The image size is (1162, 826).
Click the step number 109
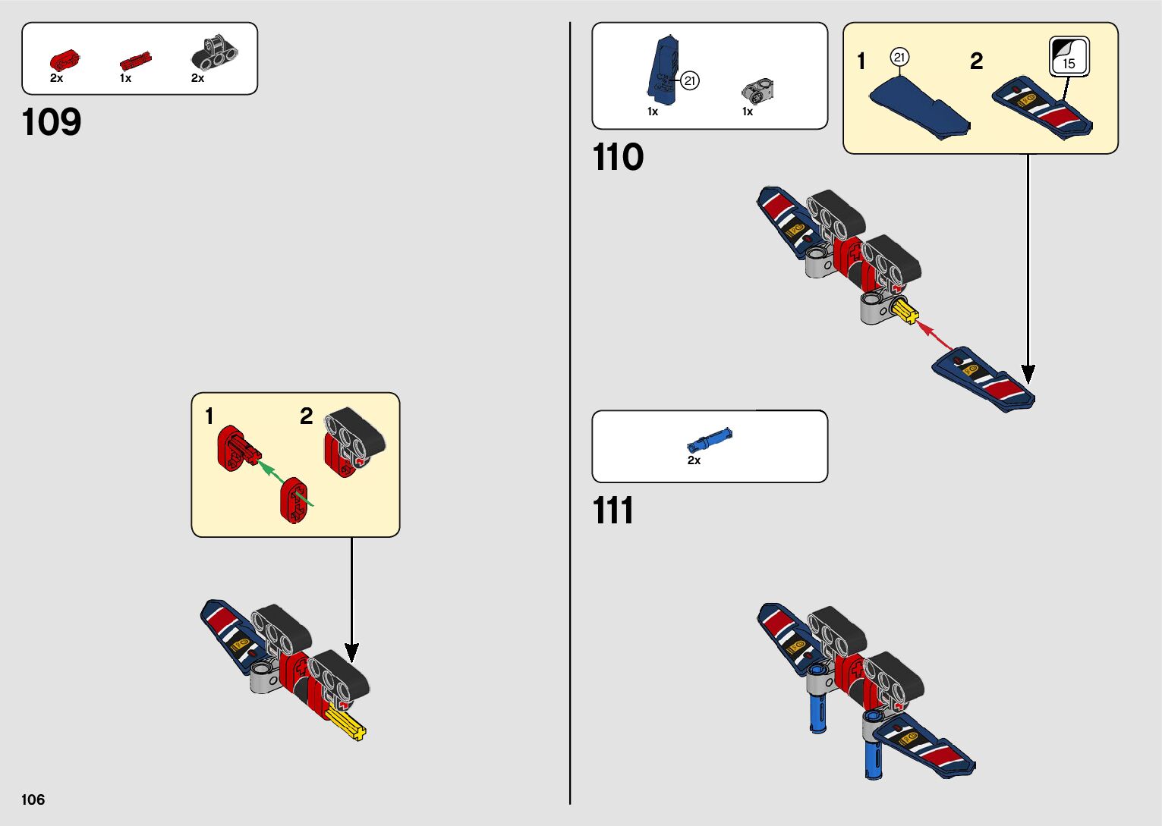tap(52, 122)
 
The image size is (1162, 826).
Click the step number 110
tap(618, 158)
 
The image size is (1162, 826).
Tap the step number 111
tap(612, 510)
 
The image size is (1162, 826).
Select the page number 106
tap(33, 799)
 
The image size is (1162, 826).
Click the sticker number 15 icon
tap(1069, 57)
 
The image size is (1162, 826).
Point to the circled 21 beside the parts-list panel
tap(689, 80)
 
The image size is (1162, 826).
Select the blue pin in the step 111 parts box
tap(710, 440)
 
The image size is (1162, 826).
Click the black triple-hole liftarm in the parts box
tap(214, 52)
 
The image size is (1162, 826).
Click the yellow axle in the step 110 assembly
tap(905, 310)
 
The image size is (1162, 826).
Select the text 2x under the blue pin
tap(694, 460)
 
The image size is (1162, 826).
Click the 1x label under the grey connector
tap(747, 111)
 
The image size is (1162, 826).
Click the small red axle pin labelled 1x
tap(135, 61)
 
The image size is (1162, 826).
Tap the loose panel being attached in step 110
tap(984, 380)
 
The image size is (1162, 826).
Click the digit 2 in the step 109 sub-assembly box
tap(306, 416)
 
